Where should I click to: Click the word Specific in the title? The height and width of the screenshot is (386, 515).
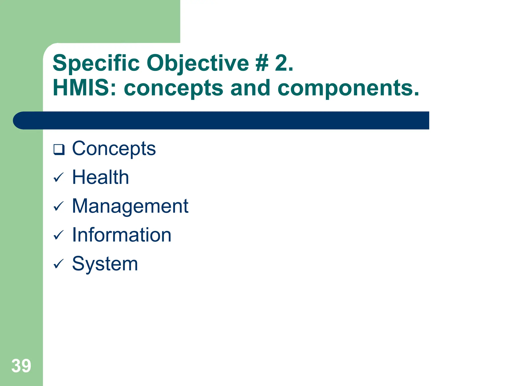[x=96, y=63]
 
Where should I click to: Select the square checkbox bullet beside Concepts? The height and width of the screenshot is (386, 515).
[x=59, y=150]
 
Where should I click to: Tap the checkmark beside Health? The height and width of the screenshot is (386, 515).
[x=59, y=178]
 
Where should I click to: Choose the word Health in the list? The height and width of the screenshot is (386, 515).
[x=101, y=177]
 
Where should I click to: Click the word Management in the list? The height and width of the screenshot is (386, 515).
[x=130, y=206]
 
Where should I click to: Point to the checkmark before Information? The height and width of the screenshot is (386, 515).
[x=59, y=235]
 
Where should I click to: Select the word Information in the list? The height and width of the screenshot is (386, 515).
[x=122, y=235]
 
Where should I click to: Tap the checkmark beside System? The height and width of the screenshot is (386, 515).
[x=59, y=264]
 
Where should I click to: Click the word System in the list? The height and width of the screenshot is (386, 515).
[x=105, y=264]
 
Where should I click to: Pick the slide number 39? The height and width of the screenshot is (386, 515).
[x=21, y=366]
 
